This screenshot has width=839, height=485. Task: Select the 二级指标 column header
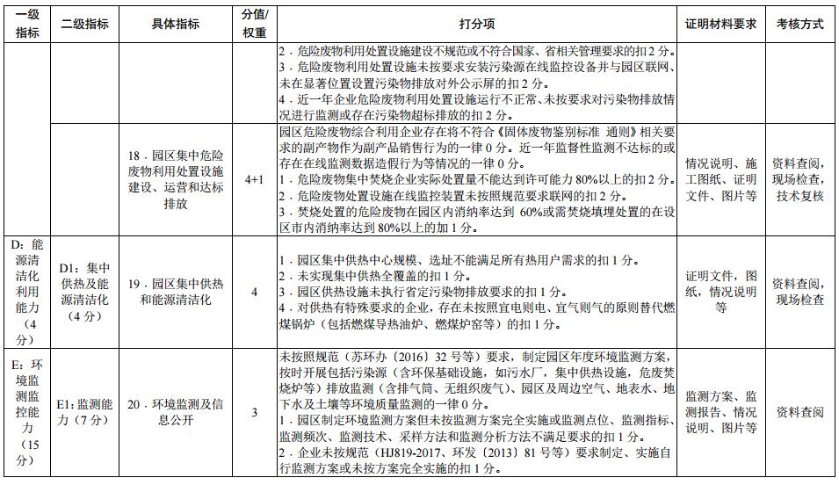click(85, 25)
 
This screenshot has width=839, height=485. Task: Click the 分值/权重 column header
click(255, 25)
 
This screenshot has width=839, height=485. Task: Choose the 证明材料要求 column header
click(721, 25)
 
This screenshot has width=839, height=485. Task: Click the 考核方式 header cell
click(799, 25)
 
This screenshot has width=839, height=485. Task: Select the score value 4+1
click(255, 179)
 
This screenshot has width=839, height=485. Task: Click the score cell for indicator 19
click(255, 292)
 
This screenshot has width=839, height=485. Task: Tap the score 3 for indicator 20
click(255, 412)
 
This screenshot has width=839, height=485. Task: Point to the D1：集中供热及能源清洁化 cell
click(85, 292)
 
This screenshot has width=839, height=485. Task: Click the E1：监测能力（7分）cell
click(85, 412)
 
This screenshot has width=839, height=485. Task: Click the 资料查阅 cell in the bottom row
click(799, 412)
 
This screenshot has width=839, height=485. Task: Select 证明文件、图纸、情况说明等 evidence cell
click(721, 292)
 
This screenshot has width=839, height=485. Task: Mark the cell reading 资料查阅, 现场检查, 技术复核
click(799, 179)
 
